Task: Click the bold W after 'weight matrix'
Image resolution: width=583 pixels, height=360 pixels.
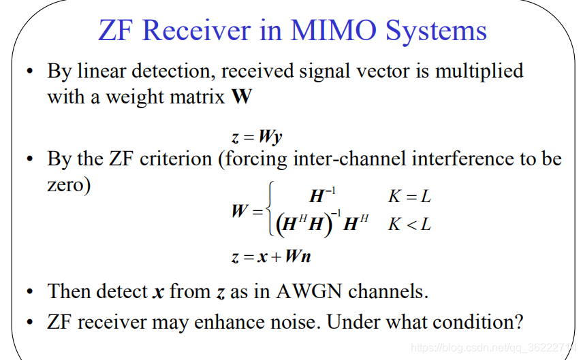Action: point(241,97)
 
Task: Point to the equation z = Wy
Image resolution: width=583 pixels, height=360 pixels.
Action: point(256,136)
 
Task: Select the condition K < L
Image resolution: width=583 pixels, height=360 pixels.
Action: point(409,224)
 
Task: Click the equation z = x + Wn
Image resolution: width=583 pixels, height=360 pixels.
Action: point(271,257)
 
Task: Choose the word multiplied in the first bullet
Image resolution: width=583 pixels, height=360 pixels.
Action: point(479,71)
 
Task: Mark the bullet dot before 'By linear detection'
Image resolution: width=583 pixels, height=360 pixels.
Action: point(30,71)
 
